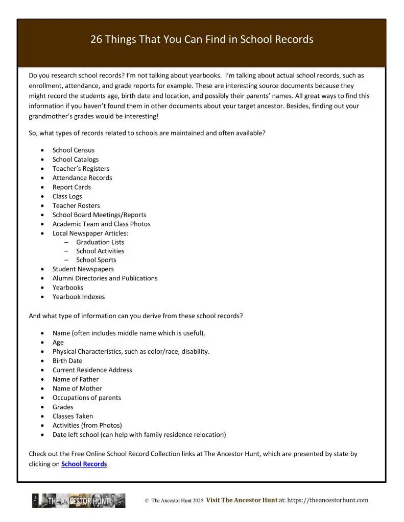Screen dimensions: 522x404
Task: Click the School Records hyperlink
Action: pos(84,464)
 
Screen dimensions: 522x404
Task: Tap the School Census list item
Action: pos(73,150)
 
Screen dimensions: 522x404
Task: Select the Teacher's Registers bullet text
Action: pos(81,168)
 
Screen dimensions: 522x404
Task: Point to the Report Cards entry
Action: pos(72,187)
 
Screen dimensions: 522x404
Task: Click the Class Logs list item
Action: pos(67,196)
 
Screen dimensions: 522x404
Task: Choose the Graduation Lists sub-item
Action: pos(100,242)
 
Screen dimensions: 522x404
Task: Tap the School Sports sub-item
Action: pos(96,260)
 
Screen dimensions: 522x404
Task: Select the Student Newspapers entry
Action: pos(83,269)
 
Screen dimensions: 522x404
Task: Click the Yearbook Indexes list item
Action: pos(78,297)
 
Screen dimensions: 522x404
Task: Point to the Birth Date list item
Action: pos(67,360)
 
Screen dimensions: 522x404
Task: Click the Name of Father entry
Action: pos(75,379)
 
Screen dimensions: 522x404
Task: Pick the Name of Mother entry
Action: pos(77,388)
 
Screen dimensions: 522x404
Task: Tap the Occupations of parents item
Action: pos(86,398)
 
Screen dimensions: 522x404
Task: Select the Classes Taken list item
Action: pos(73,416)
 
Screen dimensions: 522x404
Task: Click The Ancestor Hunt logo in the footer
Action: pos(79,501)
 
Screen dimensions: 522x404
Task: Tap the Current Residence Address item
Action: pos(92,370)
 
